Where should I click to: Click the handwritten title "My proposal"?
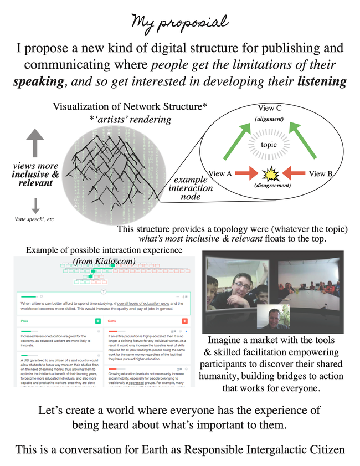click(179, 22)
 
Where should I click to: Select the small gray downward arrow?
click(35, 206)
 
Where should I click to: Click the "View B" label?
click(321, 173)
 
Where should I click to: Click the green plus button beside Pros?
click(98, 321)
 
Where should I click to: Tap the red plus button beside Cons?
click(185, 321)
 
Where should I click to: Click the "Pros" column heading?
click(23, 321)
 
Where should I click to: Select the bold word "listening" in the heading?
click(316, 82)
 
